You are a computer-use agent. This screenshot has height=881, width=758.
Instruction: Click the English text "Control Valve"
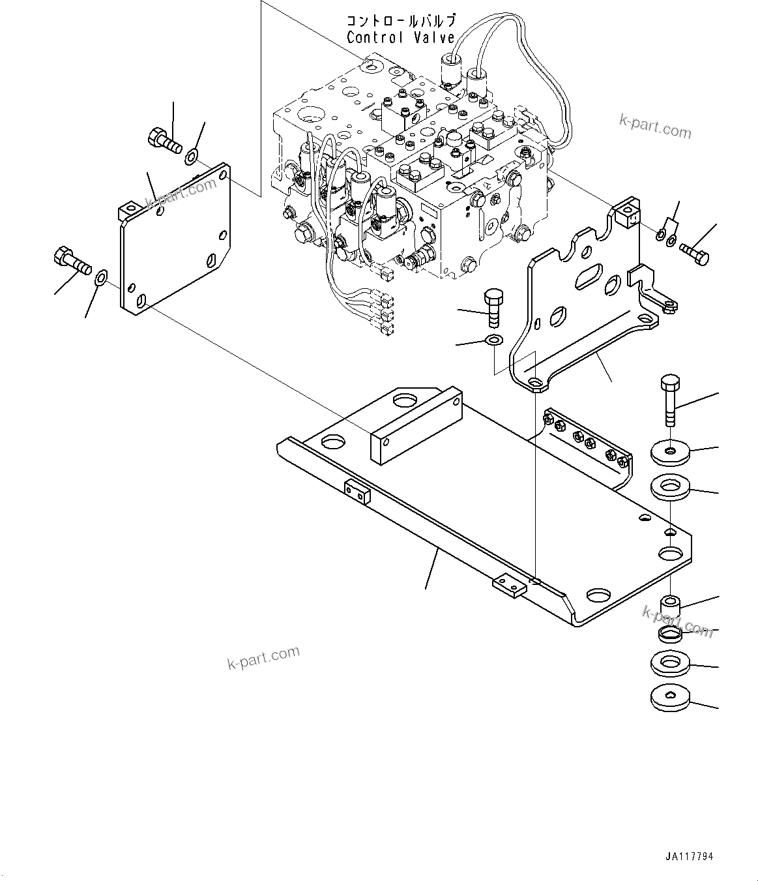tap(400, 38)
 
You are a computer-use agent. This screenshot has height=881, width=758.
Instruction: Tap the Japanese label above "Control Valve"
tap(400, 21)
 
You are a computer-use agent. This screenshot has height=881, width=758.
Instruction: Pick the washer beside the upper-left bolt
tap(192, 156)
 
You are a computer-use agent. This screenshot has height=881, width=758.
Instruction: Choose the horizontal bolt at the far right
tap(693, 253)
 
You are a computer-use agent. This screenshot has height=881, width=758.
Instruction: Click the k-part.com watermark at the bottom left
tap(263, 657)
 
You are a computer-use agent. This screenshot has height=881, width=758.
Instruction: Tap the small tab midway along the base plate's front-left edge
tap(357, 492)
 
